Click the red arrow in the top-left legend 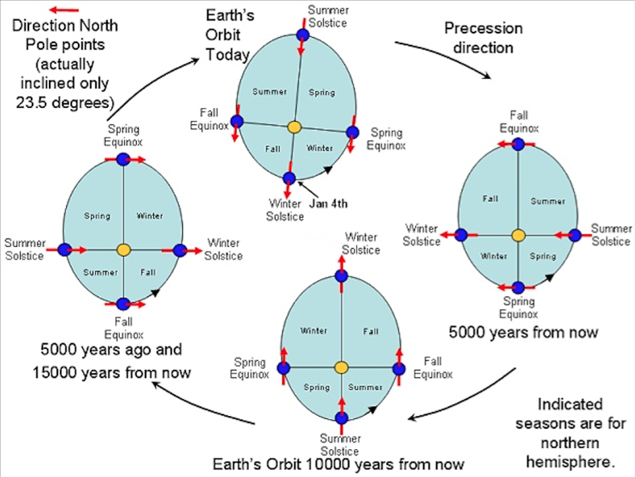point(64,10)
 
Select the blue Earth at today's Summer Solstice point(302,35)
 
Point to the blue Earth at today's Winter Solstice point(289,178)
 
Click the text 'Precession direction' point(483,38)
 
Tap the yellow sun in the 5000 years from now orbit point(518,235)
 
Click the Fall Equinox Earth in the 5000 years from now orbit point(518,144)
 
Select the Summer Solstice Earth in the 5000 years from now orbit point(575,235)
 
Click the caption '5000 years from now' point(523,332)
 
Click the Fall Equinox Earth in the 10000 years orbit point(398,368)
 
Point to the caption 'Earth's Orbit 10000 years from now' point(338,463)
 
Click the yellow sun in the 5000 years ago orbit point(123,250)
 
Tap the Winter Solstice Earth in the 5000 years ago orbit point(179,250)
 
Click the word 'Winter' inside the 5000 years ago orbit point(149,215)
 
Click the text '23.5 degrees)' point(65,103)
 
